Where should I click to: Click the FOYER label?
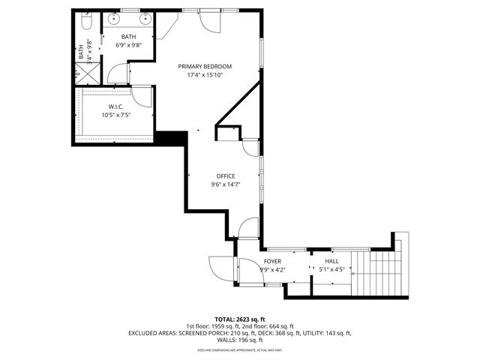click(x=272, y=261)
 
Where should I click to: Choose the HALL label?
click(x=331, y=261)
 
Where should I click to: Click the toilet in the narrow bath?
click(x=85, y=24)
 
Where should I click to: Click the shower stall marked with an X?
click(x=82, y=73)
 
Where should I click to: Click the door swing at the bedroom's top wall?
click(x=212, y=21)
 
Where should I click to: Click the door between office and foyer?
click(x=248, y=229)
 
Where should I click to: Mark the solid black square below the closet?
click(x=170, y=139)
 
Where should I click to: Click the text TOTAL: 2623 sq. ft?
click(x=239, y=319)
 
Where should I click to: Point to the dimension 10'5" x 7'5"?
click(x=117, y=115)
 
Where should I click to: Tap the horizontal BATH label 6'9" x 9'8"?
click(x=128, y=40)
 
